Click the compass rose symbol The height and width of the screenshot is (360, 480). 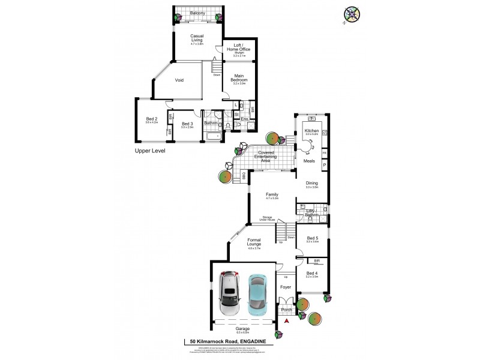pos(352,15)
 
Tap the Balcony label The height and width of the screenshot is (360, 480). pos(197,13)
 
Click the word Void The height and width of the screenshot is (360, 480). pos(179,80)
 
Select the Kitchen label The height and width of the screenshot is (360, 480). pos(311,131)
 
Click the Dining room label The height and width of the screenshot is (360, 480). pos(311,184)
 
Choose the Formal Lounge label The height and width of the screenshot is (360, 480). pos(258,242)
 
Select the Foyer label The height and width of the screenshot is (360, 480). pos(286,287)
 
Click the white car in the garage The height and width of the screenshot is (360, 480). pos(230,295)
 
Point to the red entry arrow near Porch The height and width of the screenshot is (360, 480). pos(287,322)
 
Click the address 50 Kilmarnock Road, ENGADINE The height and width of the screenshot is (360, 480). pos(228,341)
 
